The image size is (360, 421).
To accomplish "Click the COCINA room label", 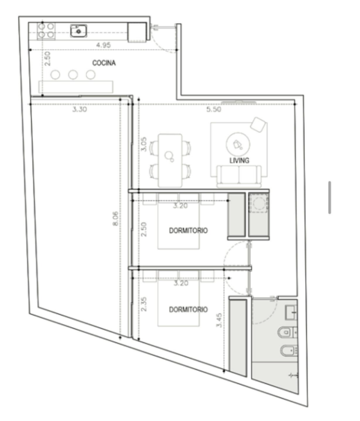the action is pyautogui.click(x=104, y=63).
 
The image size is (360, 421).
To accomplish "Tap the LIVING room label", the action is pyautogui.click(x=239, y=161).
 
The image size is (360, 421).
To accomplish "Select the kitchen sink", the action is pyautogui.click(x=79, y=31).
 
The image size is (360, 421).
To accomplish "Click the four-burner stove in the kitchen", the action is pyautogui.click(x=46, y=31).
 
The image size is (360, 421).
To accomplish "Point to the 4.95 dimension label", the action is pyautogui.click(x=104, y=45).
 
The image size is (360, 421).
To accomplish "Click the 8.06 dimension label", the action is pyautogui.click(x=115, y=219).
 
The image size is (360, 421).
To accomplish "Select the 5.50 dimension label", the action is pyautogui.click(x=213, y=109).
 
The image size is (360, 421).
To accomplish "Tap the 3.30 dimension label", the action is pyautogui.click(x=80, y=109).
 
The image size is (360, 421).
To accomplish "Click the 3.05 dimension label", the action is pyautogui.click(x=144, y=144).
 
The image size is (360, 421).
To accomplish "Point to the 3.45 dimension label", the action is pyautogui.click(x=219, y=320).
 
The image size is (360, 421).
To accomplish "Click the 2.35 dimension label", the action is pyautogui.click(x=144, y=304).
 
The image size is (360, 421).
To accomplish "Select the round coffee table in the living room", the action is pyautogui.click(x=238, y=144).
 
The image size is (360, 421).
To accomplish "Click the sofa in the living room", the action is pyautogui.click(x=239, y=176).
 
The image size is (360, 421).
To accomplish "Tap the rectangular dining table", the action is pyautogui.click(x=170, y=161).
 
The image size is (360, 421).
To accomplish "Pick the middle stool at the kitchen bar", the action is pyautogui.click(x=73, y=75).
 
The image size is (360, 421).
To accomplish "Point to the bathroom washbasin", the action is pyautogui.click(x=291, y=313).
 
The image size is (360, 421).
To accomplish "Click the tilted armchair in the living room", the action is pyautogui.click(x=258, y=125).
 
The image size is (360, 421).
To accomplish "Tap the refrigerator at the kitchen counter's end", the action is pyautogui.click(x=137, y=32).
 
